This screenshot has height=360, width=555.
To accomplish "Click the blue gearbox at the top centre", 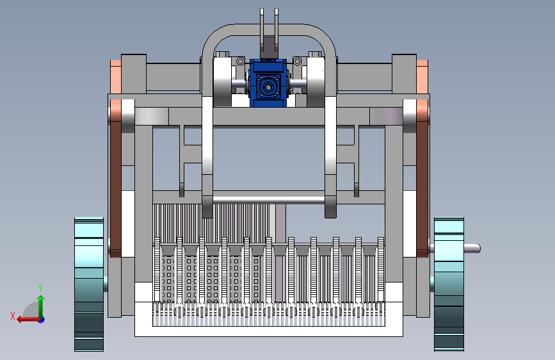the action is (268, 83).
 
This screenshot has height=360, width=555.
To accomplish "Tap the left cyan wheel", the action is (89, 284).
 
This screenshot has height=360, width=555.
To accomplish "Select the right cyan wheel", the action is (449, 284).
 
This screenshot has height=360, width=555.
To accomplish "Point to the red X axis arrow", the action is (29, 320).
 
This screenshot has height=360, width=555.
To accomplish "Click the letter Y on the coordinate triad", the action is (40, 288).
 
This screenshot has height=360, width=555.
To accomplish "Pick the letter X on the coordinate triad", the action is (13, 316).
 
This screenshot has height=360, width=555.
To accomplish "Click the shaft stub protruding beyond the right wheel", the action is (472, 249).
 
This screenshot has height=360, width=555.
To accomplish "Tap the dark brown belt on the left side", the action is (116, 178).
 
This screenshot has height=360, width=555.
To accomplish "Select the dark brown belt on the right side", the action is (422, 178).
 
